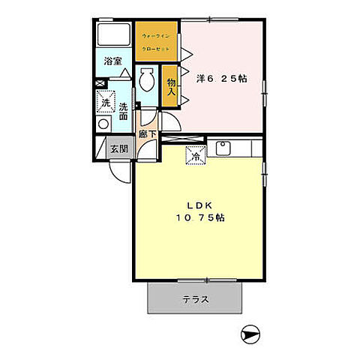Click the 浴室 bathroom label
coord(113,61)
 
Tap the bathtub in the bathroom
coord(115,36)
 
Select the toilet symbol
coord(147,79)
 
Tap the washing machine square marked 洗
coord(105,102)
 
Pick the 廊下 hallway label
coord(147,136)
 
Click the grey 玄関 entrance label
coord(119,148)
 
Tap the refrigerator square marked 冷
coord(195,157)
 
